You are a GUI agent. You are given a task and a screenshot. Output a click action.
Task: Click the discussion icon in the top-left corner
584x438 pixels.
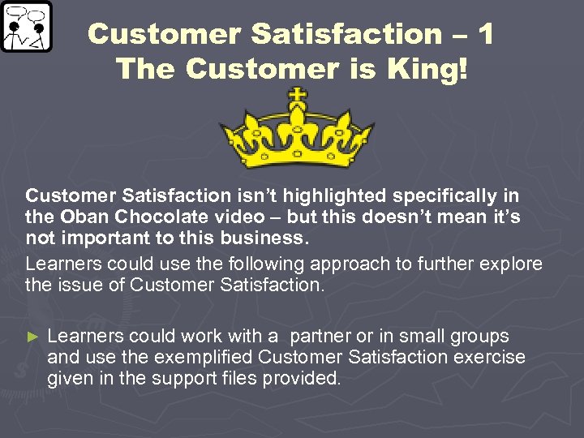click(x=26, y=27)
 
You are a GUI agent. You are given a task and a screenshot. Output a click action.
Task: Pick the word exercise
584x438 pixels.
click(x=487, y=358)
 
